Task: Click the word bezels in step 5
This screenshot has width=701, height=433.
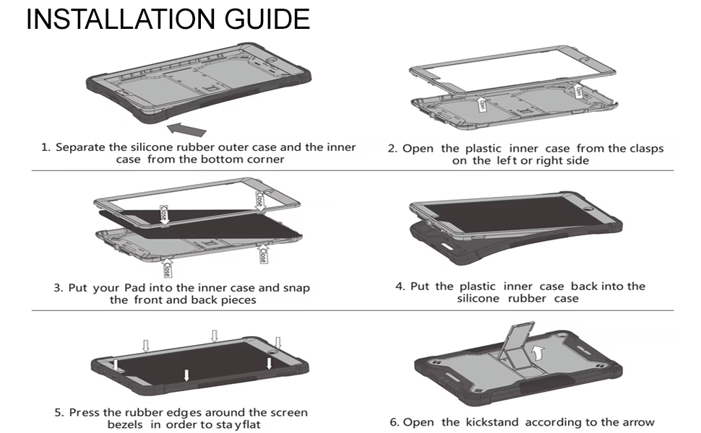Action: pyautogui.click(x=126, y=425)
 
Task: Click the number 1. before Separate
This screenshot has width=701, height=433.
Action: pyautogui.click(x=46, y=147)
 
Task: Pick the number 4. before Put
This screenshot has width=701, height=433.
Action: pyautogui.click(x=400, y=287)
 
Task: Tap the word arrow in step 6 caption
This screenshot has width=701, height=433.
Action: pyautogui.click(x=637, y=422)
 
